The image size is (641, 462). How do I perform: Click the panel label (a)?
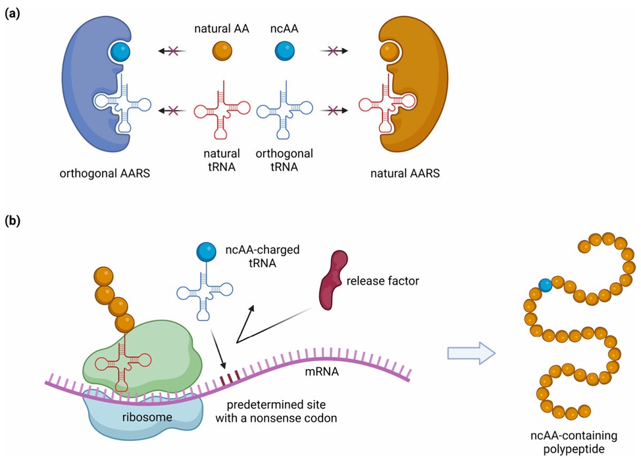12,13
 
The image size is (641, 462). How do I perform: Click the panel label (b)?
12,221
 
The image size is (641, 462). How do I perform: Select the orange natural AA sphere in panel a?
222,51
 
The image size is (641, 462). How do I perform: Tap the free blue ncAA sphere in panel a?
284,51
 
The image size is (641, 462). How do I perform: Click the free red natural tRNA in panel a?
222,106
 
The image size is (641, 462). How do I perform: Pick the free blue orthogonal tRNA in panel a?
284,106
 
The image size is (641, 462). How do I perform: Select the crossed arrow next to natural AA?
172,51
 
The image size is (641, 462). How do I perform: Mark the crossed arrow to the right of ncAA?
333,51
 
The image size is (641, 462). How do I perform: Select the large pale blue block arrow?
470,353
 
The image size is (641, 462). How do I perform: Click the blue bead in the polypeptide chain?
545,285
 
